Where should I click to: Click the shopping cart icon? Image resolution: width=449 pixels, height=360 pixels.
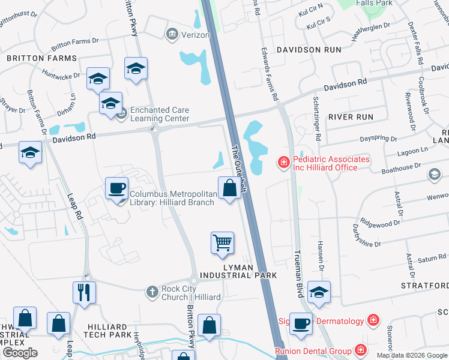[222, 243]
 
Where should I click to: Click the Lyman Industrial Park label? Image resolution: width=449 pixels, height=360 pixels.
[238, 271]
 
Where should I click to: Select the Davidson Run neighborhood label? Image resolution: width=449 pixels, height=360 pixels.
[309, 50]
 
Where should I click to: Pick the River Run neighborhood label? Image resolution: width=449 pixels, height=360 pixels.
[351, 117]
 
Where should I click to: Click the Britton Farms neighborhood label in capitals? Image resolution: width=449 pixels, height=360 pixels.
[42, 58]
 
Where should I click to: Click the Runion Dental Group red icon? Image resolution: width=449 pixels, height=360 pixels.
[360, 350]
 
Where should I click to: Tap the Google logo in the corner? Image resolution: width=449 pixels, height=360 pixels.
[20, 352]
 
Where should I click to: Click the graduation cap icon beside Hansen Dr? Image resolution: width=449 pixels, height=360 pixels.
[319, 292]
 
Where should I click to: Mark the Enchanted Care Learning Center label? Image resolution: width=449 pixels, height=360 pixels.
[160, 114]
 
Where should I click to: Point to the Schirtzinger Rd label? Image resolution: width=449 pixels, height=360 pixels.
[316, 118]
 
